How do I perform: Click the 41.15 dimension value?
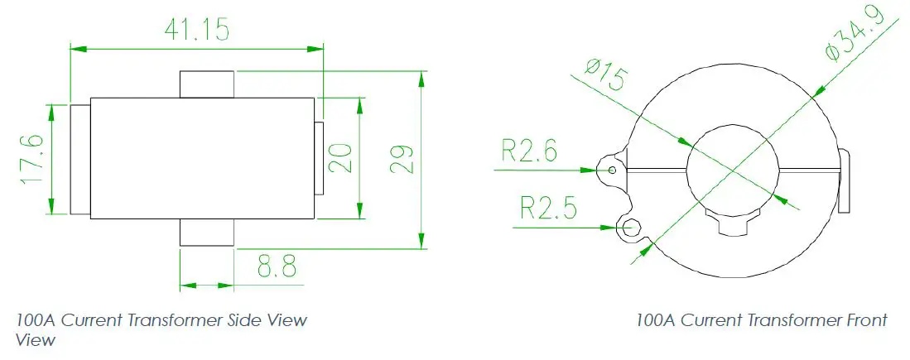click(x=197, y=29)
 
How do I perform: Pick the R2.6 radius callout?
click(x=529, y=151)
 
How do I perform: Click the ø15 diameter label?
click(x=605, y=76)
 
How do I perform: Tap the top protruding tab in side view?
click(x=207, y=84)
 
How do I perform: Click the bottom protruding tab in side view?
click(x=207, y=233)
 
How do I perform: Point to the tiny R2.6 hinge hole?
click(x=612, y=170)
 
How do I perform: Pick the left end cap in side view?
click(x=79, y=158)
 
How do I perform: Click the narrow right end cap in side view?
click(x=319, y=158)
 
